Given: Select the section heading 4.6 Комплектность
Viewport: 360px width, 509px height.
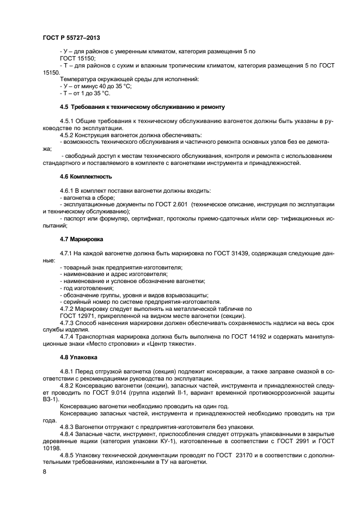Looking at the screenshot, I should [86, 176].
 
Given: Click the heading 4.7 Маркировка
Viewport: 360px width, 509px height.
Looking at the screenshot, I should [82, 239].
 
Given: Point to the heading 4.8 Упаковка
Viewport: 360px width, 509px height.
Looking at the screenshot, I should [78, 358].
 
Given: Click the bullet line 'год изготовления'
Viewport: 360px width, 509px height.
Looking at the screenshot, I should [84, 287].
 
